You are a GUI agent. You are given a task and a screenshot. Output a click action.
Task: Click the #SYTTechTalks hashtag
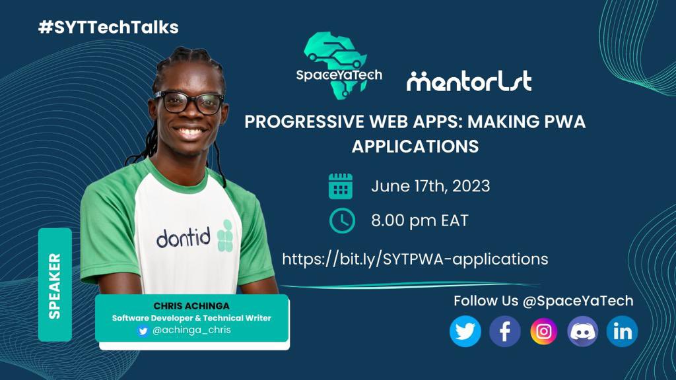point(109,27)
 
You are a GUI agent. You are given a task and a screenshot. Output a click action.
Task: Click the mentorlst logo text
point(469,81)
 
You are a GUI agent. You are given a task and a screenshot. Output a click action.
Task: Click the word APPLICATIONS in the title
point(415,146)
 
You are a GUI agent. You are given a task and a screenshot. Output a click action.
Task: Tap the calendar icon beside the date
point(341,186)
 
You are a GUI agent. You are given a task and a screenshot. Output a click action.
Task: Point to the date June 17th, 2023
point(430,186)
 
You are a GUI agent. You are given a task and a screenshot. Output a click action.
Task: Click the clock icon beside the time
point(342,220)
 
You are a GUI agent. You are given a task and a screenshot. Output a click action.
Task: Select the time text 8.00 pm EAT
point(419,220)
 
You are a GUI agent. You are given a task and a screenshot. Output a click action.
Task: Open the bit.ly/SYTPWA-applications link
point(415,259)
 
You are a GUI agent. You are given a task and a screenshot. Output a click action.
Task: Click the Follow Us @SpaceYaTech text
point(543,301)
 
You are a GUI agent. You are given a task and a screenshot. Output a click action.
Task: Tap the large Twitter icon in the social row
point(465,331)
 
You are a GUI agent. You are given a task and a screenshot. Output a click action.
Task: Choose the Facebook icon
point(505,331)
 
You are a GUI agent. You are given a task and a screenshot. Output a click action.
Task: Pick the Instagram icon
point(544,331)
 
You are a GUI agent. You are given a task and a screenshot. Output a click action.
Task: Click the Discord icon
point(583,331)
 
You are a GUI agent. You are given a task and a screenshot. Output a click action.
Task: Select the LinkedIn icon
point(622,331)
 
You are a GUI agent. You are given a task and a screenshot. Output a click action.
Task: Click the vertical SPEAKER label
point(55,285)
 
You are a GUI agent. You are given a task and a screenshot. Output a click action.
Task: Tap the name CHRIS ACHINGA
point(192,306)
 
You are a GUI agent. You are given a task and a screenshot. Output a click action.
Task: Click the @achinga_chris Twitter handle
point(191,330)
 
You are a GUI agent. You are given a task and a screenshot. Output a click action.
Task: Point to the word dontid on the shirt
point(184,237)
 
